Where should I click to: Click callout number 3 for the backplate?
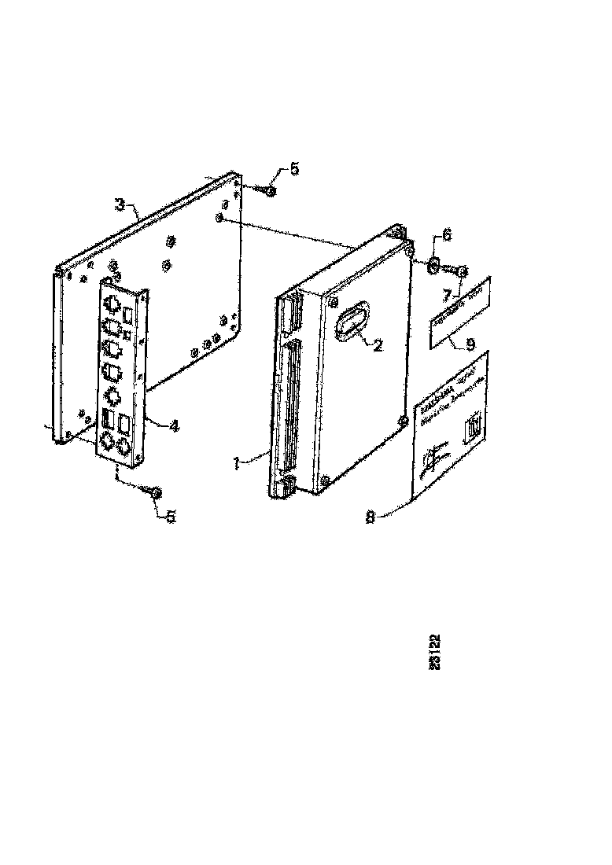pos(119,205)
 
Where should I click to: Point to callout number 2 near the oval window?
pos(378,344)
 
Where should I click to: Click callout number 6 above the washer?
pos(446,234)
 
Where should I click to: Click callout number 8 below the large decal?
pos(370,517)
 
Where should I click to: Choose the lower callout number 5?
pos(171,517)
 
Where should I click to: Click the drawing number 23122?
pos(435,652)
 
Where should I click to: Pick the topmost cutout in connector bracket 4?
pos(112,304)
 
